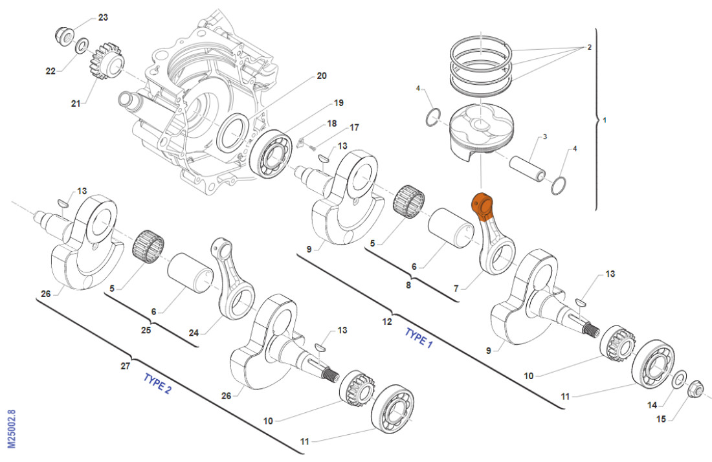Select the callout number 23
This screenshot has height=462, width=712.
pyautogui.click(x=103, y=17)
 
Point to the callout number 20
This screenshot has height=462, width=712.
pyautogui.click(x=321, y=76)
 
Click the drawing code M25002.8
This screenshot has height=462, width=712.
pyautogui.click(x=11, y=428)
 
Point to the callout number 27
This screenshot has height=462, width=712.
pyautogui.click(x=125, y=365)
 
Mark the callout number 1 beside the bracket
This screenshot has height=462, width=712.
pyautogui.click(x=605, y=120)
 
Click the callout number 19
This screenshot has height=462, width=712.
pyautogui.click(x=338, y=103)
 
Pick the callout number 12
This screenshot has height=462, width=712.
pyautogui.click(x=386, y=322)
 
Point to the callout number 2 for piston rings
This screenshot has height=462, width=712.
pyautogui.click(x=590, y=47)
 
